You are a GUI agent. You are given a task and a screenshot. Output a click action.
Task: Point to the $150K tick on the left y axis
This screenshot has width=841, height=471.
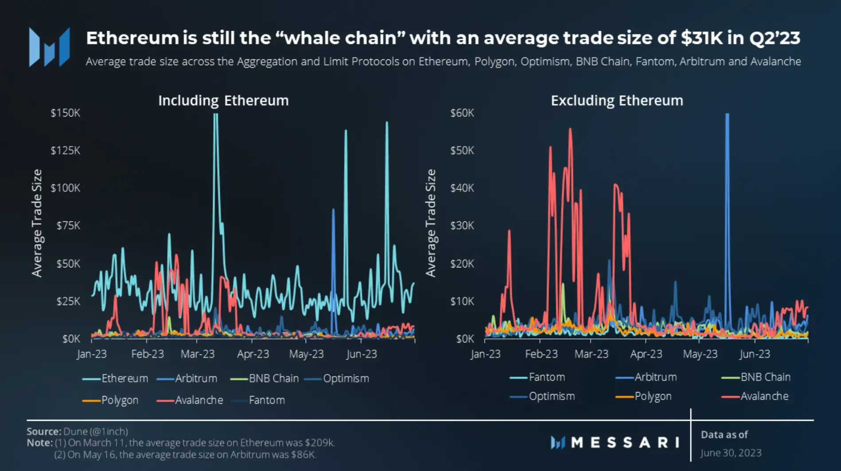click(x=65, y=113)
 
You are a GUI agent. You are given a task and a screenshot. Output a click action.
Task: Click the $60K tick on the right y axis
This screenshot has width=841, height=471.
click(x=462, y=113)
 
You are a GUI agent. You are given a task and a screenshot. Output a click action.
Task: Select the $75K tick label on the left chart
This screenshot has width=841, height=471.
click(x=68, y=226)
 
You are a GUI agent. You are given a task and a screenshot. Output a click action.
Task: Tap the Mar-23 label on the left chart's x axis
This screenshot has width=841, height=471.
click(x=197, y=354)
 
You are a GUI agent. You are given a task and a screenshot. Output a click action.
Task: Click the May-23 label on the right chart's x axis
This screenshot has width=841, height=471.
click(x=700, y=354)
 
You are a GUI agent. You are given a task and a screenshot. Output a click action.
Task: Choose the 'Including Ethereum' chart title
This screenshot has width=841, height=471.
click(x=223, y=101)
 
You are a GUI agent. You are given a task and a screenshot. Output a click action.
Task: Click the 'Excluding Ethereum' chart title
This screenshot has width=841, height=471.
click(x=617, y=101)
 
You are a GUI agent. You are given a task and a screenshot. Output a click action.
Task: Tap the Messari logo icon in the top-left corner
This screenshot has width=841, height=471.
click(x=49, y=47)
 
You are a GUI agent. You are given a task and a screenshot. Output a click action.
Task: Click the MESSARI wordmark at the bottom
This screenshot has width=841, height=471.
click(x=625, y=442)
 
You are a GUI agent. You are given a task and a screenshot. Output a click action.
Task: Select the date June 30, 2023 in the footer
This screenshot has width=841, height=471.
click(x=731, y=453)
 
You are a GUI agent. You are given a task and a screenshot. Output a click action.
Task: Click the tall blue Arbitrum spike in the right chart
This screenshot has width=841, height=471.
click(x=727, y=177)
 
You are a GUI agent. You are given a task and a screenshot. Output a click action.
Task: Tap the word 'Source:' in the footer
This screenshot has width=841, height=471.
click(x=43, y=431)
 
